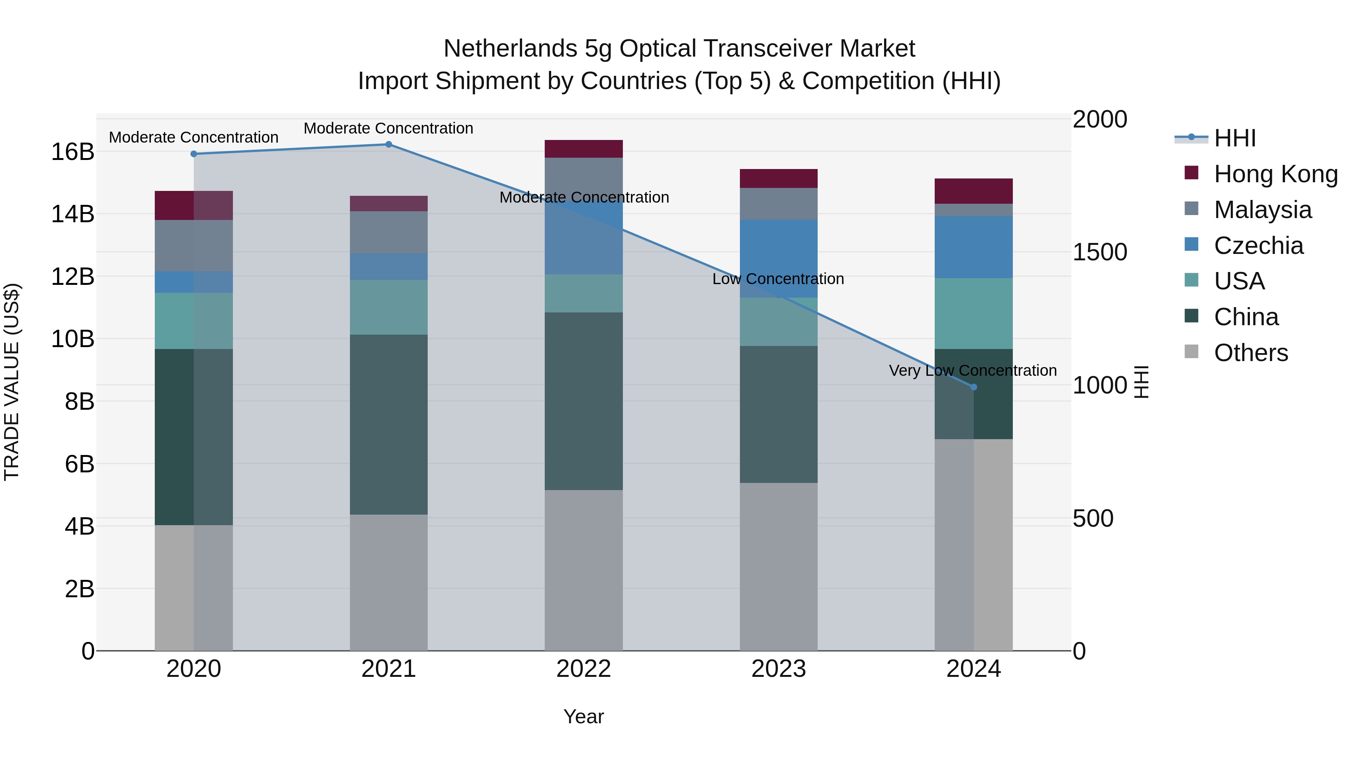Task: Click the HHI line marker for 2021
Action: (x=388, y=144)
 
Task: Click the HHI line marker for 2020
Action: (x=194, y=154)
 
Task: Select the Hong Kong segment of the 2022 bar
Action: (x=584, y=149)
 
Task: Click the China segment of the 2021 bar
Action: (x=388, y=424)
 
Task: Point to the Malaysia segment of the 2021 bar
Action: (x=388, y=232)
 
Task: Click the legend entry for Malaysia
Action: (x=1262, y=210)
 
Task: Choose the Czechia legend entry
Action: (x=1258, y=246)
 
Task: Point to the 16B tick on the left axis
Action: (x=72, y=152)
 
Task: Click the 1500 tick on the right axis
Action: (x=1100, y=252)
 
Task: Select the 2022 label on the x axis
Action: (x=584, y=669)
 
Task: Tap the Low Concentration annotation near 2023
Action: (x=778, y=279)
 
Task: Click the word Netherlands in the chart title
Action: (x=510, y=49)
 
